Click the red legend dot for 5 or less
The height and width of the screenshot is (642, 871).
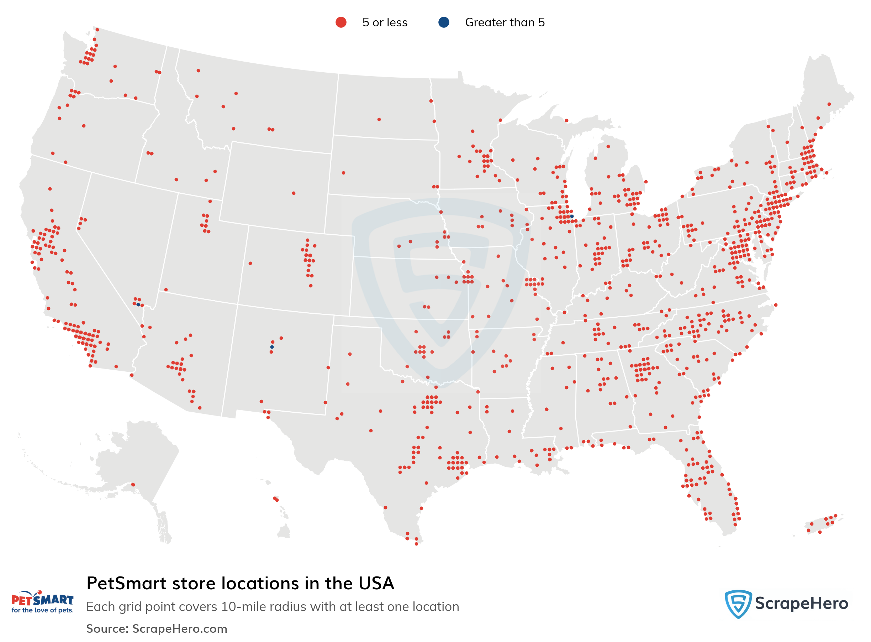pos(341,22)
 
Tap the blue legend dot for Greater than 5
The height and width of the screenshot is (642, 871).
pos(443,22)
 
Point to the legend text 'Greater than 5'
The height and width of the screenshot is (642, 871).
pos(505,22)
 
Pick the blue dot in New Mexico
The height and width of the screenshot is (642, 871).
pos(272,347)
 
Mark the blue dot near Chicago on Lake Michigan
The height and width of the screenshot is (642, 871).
pos(572,216)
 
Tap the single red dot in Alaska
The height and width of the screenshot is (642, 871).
pos(133,485)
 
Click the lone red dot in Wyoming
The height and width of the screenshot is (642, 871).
pos(294,193)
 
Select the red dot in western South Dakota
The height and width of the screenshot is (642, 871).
pos(343,173)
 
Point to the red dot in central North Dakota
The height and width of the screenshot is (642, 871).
pos(379,120)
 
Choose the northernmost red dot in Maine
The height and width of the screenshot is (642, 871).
pos(829,104)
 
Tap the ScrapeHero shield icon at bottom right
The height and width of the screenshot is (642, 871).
pos(738,604)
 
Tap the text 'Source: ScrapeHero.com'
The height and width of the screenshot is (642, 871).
pos(157,629)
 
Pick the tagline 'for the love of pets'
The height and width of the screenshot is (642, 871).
pos(42,611)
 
